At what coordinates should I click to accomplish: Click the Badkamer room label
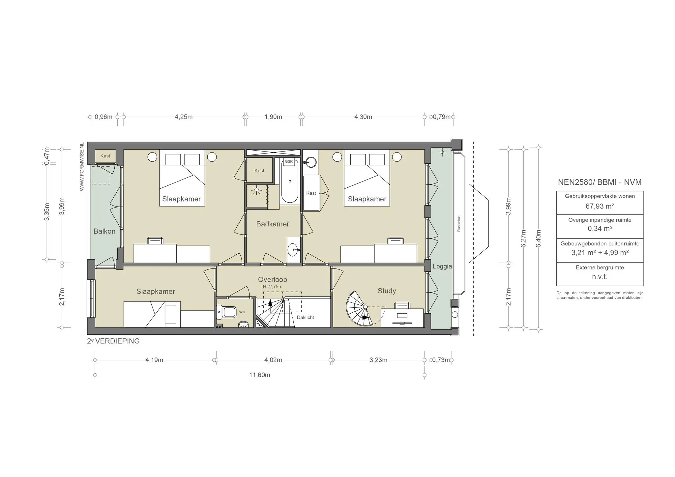click(x=273, y=224)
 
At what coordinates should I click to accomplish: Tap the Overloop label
click(x=272, y=279)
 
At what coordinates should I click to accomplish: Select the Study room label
click(x=387, y=291)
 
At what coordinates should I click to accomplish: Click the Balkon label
click(x=104, y=231)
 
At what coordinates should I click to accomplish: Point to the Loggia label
click(x=442, y=267)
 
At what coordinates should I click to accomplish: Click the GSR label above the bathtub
click(x=289, y=161)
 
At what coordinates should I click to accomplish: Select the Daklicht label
click(x=305, y=318)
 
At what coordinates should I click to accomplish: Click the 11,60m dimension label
click(x=260, y=375)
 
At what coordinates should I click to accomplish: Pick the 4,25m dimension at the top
click(x=184, y=117)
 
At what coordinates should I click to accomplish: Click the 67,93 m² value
click(x=600, y=206)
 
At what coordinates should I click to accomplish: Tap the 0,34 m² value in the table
click(x=600, y=229)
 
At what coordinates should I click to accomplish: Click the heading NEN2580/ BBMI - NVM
click(x=600, y=182)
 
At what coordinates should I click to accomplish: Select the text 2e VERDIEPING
click(x=113, y=341)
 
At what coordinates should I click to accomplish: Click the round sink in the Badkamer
click(x=293, y=250)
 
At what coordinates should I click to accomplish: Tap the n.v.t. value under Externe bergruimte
click(x=600, y=277)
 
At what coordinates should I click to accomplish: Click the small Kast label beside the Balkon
click(x=105, y=156)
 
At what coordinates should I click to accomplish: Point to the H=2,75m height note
click(x=272, y=287)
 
